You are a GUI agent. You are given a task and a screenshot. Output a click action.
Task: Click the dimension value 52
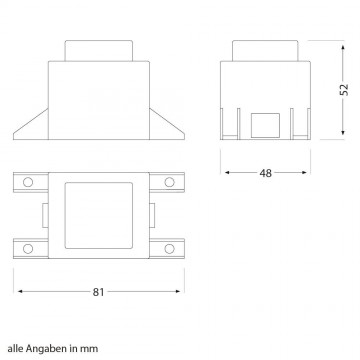[x=343, y=89]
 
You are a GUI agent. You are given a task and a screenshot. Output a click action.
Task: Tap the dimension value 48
[x=266, y=173]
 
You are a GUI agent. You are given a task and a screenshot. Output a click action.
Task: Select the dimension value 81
[x=100, y=293]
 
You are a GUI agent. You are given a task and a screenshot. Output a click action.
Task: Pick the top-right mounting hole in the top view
[x=169, y=182]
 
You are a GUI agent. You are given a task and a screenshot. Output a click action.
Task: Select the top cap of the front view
[x=99, y=49]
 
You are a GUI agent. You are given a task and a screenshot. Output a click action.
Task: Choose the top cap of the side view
[x=266, y=49]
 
